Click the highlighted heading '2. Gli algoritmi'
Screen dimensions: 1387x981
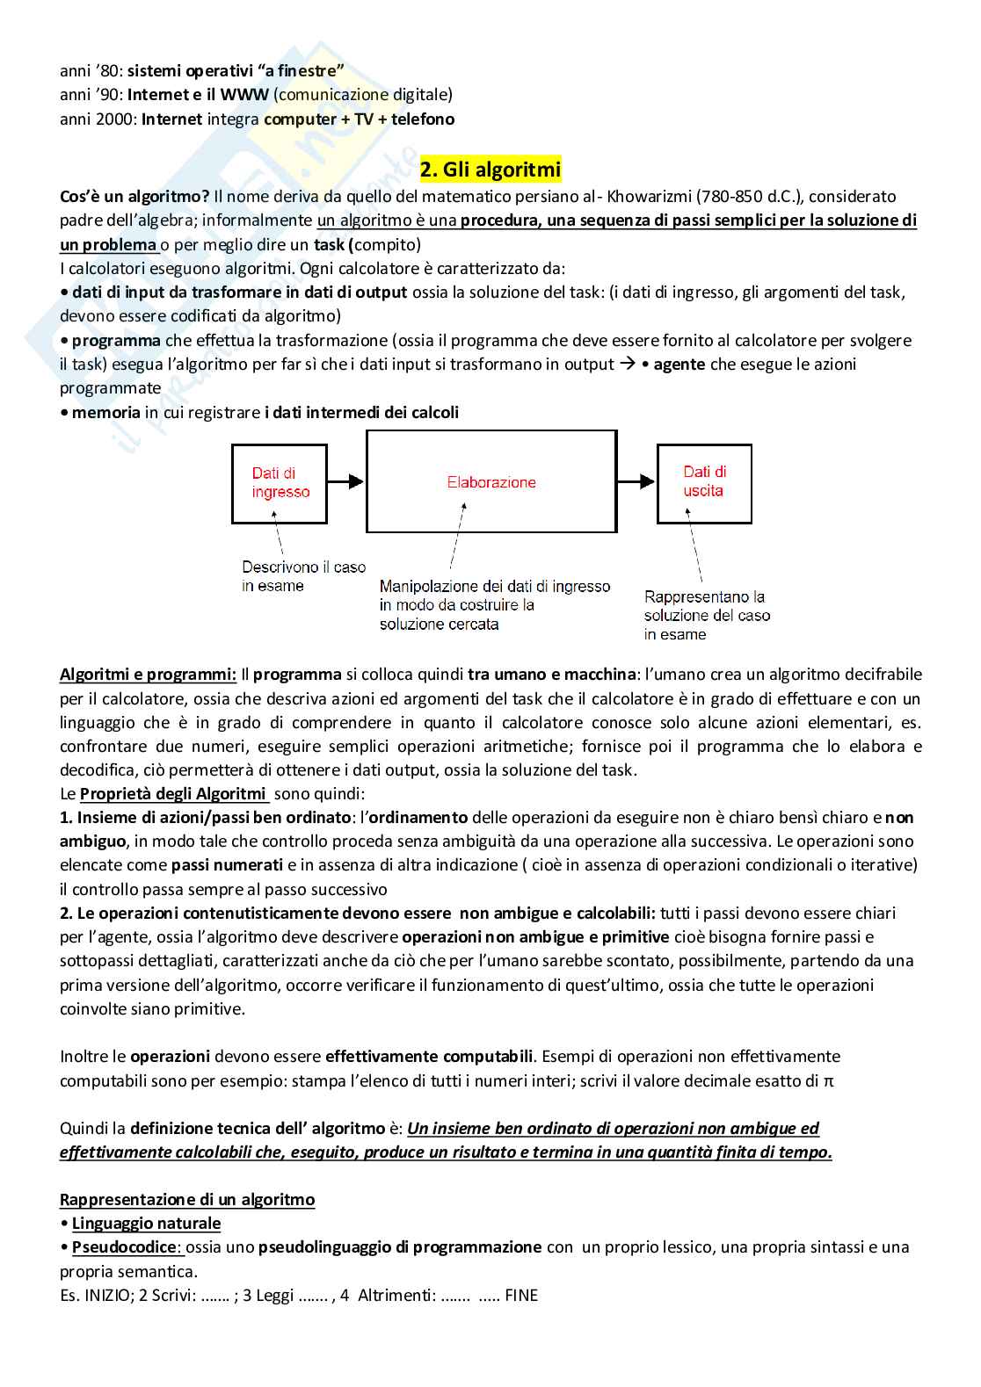click(x=490, y=169)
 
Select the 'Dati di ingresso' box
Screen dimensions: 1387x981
click(x=280, y=483)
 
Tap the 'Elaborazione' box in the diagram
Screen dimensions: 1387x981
click(x=491, y=481)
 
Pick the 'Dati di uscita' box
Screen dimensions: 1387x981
click(x=704, y=482)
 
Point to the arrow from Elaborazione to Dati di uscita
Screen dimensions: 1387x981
click(x=636, y=481)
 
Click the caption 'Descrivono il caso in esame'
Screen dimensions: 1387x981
click(x=303, y=576)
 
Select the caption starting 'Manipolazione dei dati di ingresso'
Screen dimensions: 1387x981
click(x=494, y=605)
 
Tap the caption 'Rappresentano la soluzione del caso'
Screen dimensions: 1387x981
click(x=707, y=615)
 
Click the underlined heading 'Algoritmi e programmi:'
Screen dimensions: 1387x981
click(x=148, y=675)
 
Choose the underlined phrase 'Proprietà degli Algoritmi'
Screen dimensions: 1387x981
click(x=173, y=794)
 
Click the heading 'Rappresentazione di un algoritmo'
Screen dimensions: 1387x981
click(x=187, y=1199)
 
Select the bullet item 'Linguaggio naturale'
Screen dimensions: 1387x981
click(x=146, y=1223)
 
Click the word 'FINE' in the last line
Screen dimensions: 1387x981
click(x=521, y=1295)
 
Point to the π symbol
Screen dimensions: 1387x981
click(x=828, y=1081)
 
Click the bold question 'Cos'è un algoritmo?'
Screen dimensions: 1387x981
click(x=134, y=197)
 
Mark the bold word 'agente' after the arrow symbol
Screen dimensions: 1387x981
click(x=679, y=365)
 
